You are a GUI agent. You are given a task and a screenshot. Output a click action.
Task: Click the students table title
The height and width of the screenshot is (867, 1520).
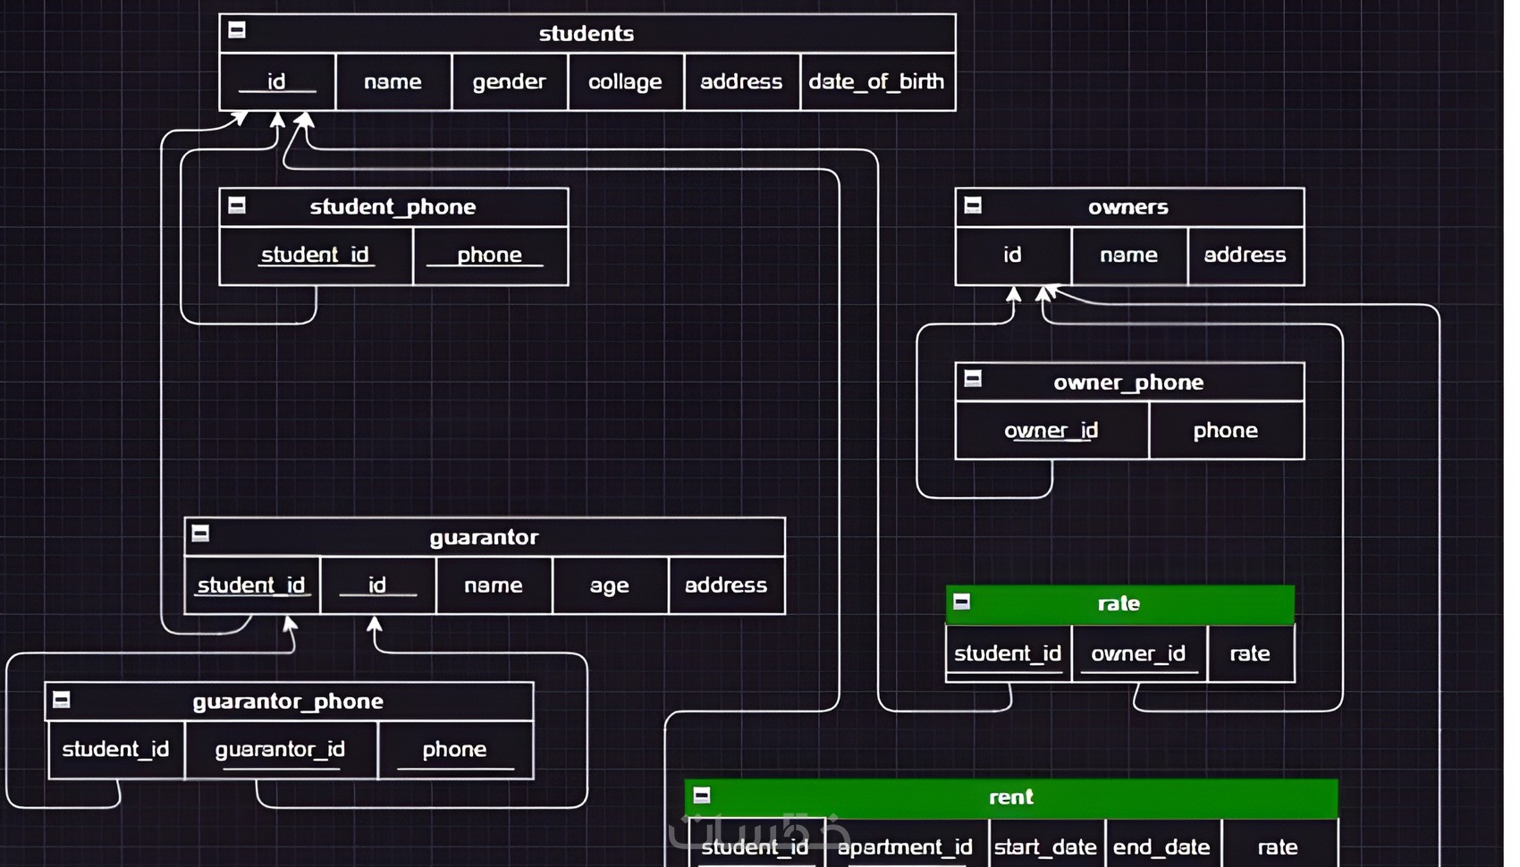tap(587, 34)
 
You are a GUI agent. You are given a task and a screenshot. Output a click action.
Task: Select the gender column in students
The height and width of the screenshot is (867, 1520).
tap(509, 82)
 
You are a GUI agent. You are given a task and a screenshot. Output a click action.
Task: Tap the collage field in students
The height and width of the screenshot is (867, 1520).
tap(625, 82)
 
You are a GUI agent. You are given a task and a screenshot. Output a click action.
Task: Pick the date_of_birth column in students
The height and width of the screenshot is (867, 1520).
tap(876, 82)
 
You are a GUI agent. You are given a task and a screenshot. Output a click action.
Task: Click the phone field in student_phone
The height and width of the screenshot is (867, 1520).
tap(489, 256)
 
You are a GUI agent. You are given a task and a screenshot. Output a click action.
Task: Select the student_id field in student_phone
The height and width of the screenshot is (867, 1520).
tap(315, 256)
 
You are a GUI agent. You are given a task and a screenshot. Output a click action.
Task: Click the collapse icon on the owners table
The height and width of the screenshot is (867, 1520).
tap(973, 206)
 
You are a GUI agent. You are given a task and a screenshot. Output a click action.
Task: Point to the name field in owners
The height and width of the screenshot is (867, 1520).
tap(1128, 256)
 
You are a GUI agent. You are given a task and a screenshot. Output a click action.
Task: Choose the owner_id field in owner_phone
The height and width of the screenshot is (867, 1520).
tap(1051, 431)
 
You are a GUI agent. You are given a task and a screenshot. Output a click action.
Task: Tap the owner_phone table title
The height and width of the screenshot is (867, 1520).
tap(1128, 383)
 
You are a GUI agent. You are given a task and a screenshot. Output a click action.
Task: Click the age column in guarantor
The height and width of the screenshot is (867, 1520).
tap(609, 585)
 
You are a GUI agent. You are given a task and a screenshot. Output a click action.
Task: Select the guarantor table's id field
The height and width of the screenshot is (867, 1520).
tap(376, 585)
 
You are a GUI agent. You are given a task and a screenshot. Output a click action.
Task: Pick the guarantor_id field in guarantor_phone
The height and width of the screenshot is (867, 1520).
tap(280, 750)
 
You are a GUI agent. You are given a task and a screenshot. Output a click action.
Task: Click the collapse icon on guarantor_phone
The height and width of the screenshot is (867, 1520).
tap(62, 700)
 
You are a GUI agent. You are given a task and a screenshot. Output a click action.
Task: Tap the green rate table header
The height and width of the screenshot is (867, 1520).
tap(1119, 604)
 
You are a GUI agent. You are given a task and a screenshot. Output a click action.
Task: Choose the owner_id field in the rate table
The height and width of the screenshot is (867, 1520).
tap(1138, 654)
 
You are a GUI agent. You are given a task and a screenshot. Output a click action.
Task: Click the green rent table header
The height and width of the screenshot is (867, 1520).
tap(1011, 797)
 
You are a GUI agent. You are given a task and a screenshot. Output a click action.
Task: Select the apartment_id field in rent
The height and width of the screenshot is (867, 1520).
tap(905, 846)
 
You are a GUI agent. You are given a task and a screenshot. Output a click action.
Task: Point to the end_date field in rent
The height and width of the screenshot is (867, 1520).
tap(1161, 846)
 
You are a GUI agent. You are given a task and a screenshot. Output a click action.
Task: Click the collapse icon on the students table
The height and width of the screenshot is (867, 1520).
tap(237, 30)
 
